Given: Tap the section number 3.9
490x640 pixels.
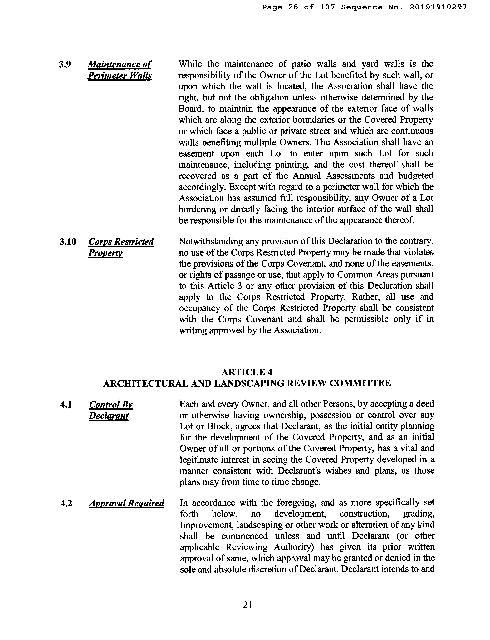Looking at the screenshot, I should click(x=65, y=64).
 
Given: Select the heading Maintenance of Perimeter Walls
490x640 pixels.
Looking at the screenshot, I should click(x=120, y=70).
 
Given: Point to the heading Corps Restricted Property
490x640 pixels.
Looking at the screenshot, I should click(x=121, y=247).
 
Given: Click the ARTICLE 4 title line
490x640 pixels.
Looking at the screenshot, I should click(x=247, y=372).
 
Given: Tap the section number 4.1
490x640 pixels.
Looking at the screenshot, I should click(x=66, y=405).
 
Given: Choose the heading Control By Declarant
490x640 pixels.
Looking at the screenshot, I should click(x=111, y=410).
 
